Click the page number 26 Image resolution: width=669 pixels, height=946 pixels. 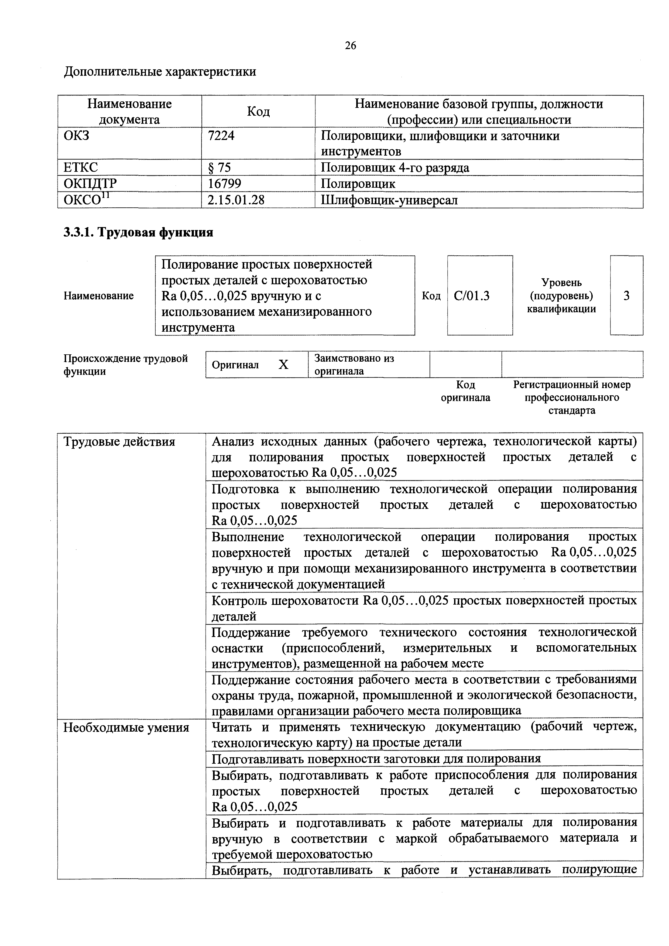[351, 45]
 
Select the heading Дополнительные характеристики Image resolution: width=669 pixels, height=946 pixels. [160, 72]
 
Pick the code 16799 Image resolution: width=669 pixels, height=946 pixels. [225, 183]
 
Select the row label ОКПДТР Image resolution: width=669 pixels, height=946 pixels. [90, 183]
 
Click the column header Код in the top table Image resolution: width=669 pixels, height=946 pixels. [258, 112]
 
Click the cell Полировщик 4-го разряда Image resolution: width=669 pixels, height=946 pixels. [395, 167]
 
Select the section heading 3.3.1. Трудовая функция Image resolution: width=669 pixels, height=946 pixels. [138, 232]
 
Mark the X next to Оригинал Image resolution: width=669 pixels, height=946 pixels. [283, 365]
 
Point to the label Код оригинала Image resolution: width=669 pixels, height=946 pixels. [465, 391]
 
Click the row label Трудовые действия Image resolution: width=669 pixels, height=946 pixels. [119, 442]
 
